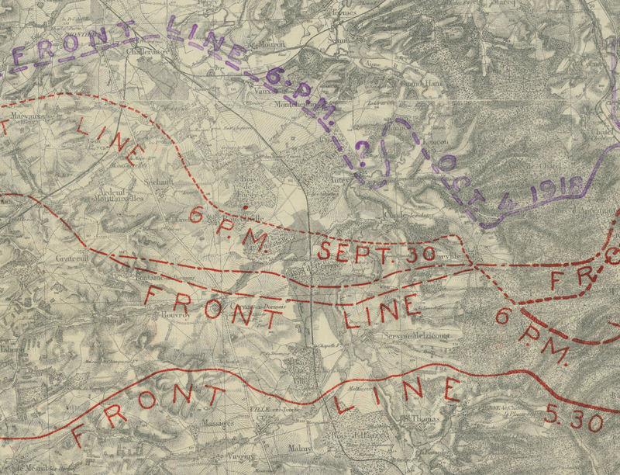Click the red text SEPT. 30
(356, 251)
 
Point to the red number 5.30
(573, 420)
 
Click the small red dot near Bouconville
(246, 208)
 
